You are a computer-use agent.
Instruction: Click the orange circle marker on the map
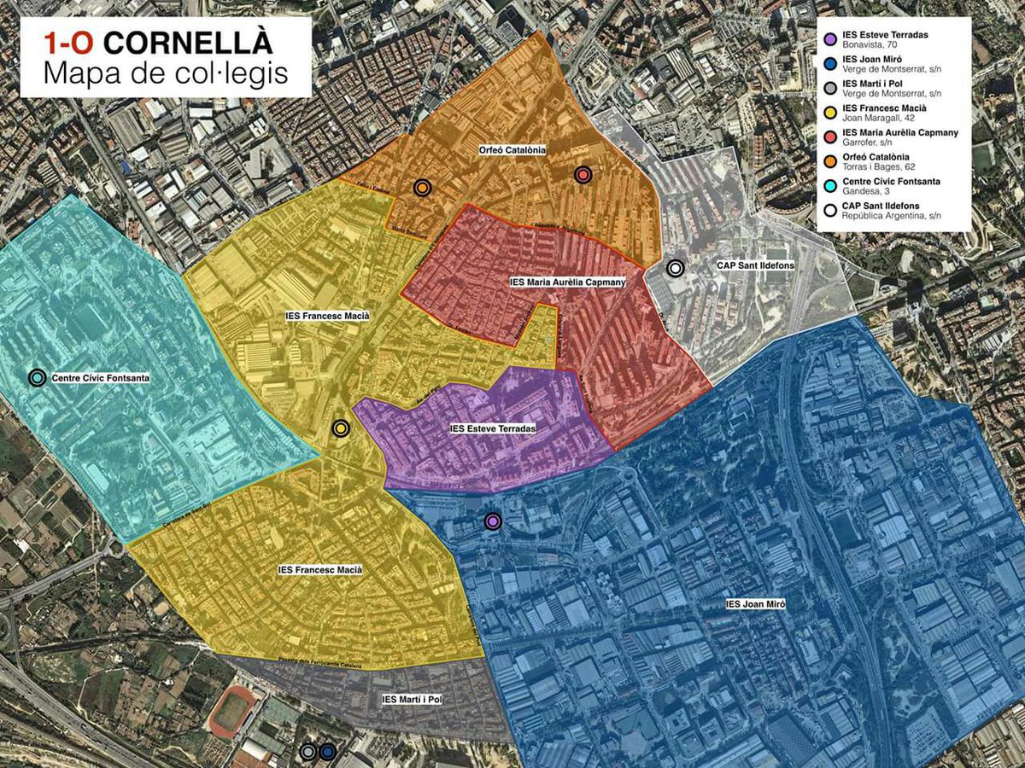[x=422, y=188]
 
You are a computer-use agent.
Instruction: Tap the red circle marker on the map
[x=583, y=174]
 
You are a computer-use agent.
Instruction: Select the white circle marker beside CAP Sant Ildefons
[x=676, y=268]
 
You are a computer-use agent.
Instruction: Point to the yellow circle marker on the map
[x=341, y=428]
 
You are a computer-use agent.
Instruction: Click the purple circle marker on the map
[x=492, y=521]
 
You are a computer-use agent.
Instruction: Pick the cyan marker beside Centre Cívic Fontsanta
[x=37, y=377]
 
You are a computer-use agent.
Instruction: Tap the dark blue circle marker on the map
[x=327, y=752]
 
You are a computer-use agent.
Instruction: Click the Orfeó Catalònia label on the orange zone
[x=512, y=150]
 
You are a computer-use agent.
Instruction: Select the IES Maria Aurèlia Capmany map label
[x=568, y=282]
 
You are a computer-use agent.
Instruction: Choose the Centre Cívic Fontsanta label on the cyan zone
[x=101, y=377]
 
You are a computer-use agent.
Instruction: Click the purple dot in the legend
[x=829, y=38]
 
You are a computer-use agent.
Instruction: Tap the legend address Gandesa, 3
[x=864, y=192]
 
